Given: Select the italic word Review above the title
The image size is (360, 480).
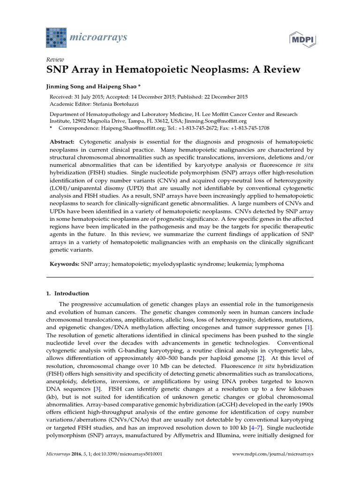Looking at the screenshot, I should coord(55,60).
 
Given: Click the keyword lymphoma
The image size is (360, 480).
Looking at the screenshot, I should coord(269,264).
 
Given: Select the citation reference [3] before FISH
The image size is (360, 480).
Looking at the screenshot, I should coord(97,389).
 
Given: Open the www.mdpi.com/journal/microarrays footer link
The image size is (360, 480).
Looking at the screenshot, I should coord(273,455).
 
